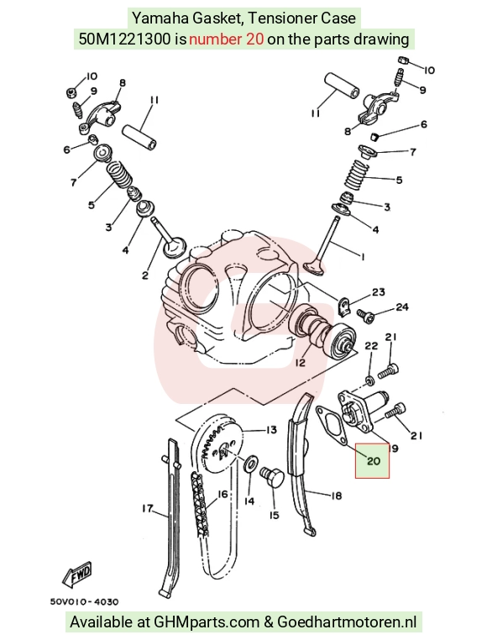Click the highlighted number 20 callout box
[372, 461]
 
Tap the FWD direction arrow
[77, 575]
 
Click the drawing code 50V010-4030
[85, 601]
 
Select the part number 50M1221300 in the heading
[124, 39]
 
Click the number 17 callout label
[148, 509]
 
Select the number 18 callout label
[336, 496]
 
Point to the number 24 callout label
[402, 307]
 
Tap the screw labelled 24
[364, 314]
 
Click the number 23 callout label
[379, 292]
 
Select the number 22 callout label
[371, 346]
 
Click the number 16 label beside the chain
[223, 495]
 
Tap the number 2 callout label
[145, 276]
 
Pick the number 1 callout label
[363, 256]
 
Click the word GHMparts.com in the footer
[206, 622]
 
